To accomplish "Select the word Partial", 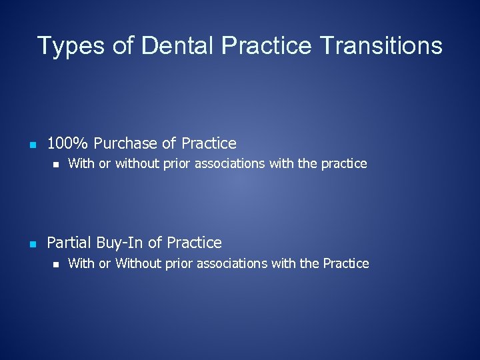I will point(69,243).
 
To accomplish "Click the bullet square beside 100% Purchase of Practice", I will point(32,144).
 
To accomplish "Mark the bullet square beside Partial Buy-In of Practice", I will point(32,243).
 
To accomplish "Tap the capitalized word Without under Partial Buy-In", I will point(138,263).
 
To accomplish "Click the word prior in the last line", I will point(179,263).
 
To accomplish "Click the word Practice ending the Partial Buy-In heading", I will point(194,243).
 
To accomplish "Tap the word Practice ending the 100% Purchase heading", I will point(209,143).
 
